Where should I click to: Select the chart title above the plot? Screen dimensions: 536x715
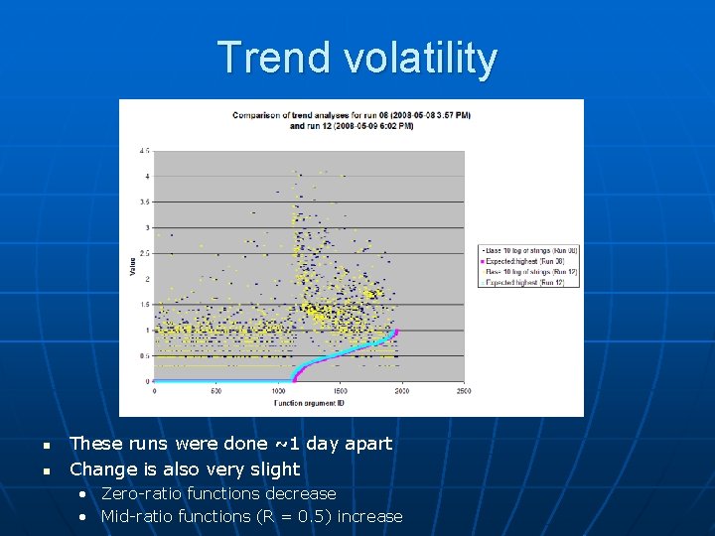[352, 120]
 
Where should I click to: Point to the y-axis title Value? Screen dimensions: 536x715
[132, 266]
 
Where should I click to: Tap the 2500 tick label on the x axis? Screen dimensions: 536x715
[463, 391]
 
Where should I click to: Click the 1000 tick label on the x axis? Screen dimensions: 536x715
[278, 391]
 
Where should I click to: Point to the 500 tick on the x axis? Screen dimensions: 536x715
[215, 391]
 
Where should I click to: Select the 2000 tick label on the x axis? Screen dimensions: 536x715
[401, 391]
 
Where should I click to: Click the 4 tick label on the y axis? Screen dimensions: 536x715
[147, 177]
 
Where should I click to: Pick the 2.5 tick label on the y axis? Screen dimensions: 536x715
[145, 253]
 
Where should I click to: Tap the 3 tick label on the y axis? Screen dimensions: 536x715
[147, 227]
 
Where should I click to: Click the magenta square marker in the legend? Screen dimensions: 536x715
[482, 260]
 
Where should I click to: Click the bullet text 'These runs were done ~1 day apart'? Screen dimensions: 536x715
[230, 444]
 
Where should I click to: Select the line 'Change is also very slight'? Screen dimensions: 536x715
[184, 469]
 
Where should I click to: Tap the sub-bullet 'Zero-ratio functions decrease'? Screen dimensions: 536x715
[218, 493]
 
